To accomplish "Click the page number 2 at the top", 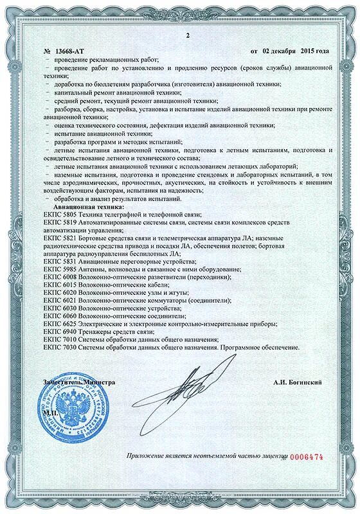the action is (179, 35).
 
